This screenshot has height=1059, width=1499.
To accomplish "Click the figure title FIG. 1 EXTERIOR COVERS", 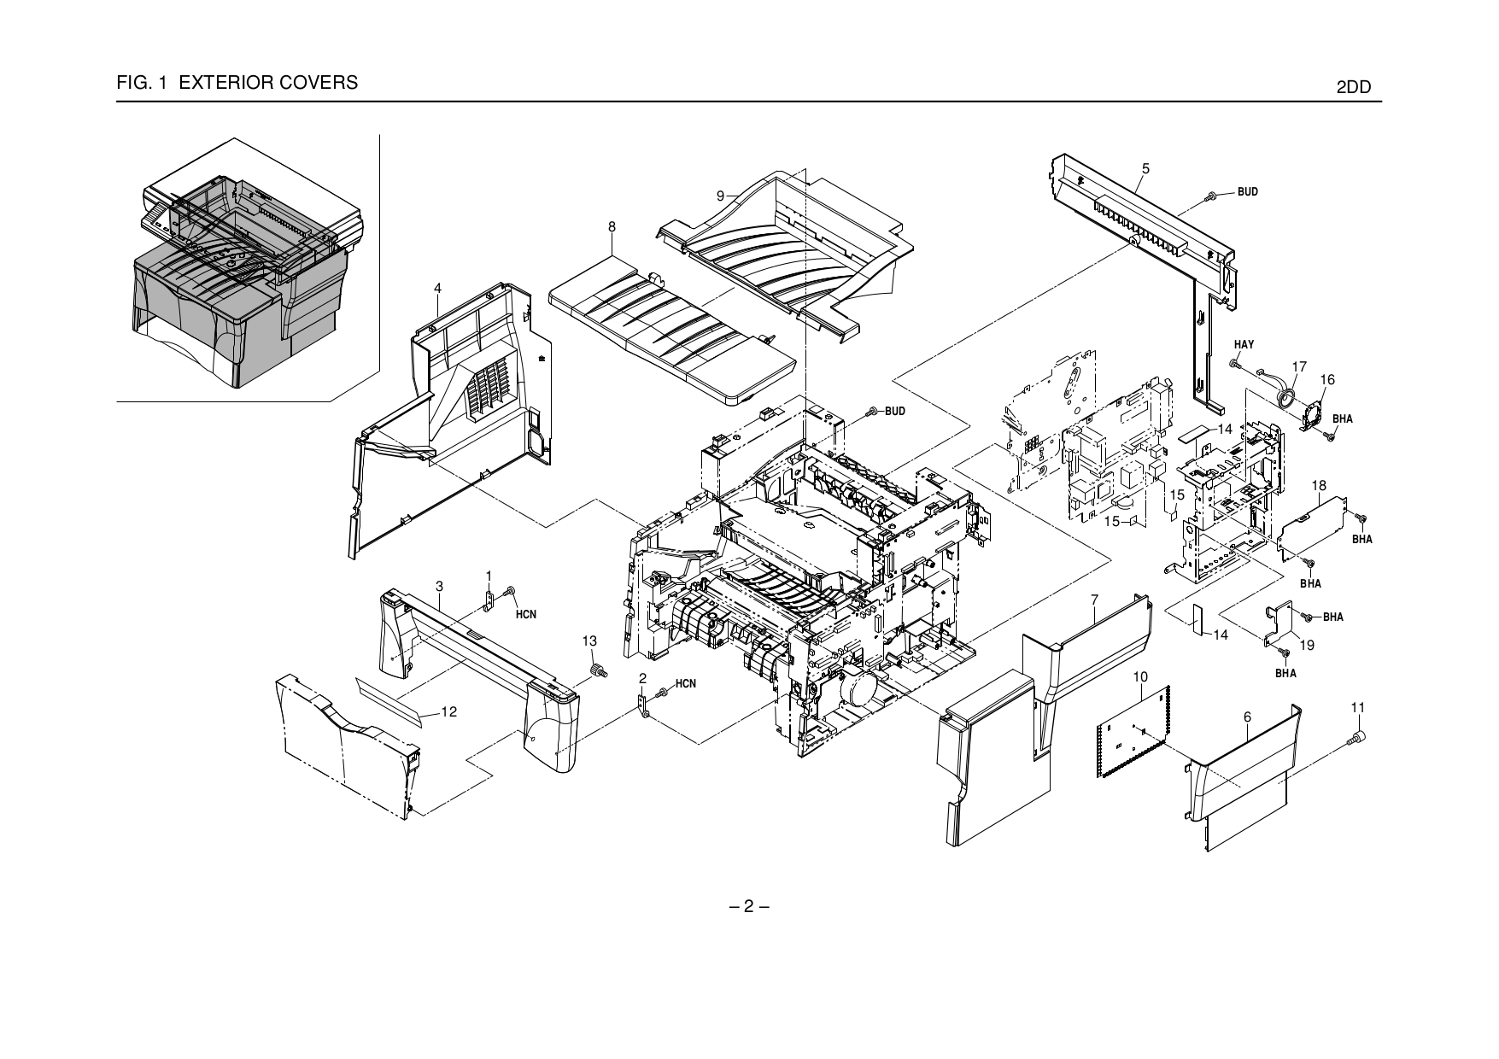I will click(x=237, y=83).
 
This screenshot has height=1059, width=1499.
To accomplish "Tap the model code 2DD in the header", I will click(x=1353, y=87).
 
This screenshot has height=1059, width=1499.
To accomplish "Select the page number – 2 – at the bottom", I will click(x=748, y=907).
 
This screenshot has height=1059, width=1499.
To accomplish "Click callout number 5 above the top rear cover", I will click(x=1145, y=169).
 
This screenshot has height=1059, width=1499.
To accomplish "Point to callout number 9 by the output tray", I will click(x=721, y=196).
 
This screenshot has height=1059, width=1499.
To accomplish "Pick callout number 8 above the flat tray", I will click(x=612, y=227).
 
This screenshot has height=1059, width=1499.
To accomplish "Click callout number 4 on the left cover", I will click(x=437, y=289).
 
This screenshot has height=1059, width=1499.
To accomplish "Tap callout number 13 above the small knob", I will click(x=589, y=641).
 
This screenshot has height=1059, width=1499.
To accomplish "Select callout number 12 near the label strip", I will click(x=449, y=712).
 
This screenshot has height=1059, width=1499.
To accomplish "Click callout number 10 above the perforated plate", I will click(x=1140, y=677).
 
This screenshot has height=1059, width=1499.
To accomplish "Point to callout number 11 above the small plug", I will click(x=1358, y=708).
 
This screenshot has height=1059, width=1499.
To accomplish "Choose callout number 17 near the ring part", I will click(x=1299, y=367).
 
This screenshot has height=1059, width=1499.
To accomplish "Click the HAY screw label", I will click(x=1244, y=344).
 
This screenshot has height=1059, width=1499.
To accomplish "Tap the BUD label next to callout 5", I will click(x=1247, y=192).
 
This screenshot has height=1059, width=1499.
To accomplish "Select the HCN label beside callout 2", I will click(x=686, y=684).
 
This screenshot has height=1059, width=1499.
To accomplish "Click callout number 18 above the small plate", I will click(x=1319, y=486).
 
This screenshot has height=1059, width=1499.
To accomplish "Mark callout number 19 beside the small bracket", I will click(x=1307, y=646).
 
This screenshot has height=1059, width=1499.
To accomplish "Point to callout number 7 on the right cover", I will click(x=1094, y=601).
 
